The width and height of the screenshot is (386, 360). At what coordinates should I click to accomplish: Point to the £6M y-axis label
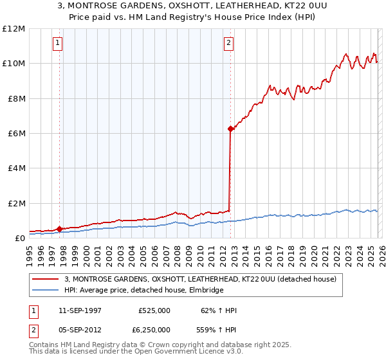click(x=15, y=134)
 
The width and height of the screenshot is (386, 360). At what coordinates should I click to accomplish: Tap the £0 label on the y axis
click(x=19, y=239)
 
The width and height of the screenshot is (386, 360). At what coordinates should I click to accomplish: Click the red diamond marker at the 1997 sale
click(x=60, y=229)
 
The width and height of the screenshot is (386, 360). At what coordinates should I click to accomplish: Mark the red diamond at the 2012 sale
click(x=230, y=129)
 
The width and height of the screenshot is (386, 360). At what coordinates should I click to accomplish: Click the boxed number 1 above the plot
click(x=58, y=43)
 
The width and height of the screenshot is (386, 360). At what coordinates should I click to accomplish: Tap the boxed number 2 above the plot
click(x=228, y=43)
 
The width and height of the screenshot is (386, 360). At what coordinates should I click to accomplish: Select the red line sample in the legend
click(x=46, y=280)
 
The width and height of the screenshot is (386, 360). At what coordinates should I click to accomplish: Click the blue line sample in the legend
click(x=46, y=291)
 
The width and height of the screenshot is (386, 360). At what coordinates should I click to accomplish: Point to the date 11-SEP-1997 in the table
click(x=80, y=310)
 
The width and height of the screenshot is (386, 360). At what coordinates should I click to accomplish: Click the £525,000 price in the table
click(x=154, y=310)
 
